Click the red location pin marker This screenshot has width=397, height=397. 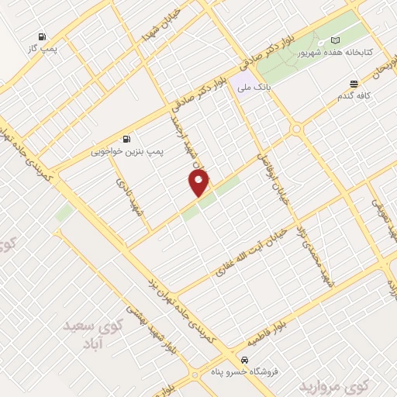(x=199, y=183)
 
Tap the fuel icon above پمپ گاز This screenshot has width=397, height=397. (x=41, y=36)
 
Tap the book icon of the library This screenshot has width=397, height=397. (x=335, y=40)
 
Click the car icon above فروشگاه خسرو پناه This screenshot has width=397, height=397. (x=245, y=360)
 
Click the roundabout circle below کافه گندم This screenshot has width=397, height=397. (x=295, y=129)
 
